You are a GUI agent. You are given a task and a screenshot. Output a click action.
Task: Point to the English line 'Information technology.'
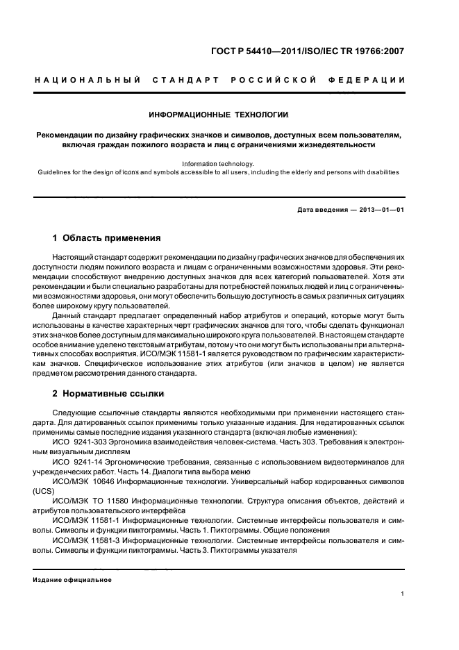pos(219,164)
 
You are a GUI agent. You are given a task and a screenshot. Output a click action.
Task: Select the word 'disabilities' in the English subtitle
pos(379,172)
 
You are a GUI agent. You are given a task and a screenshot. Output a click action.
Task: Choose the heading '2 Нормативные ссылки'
pos(108,394)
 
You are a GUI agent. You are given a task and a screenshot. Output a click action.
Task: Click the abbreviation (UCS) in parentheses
pos(44,490)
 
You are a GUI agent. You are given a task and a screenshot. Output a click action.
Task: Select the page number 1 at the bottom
pos(403,593)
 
